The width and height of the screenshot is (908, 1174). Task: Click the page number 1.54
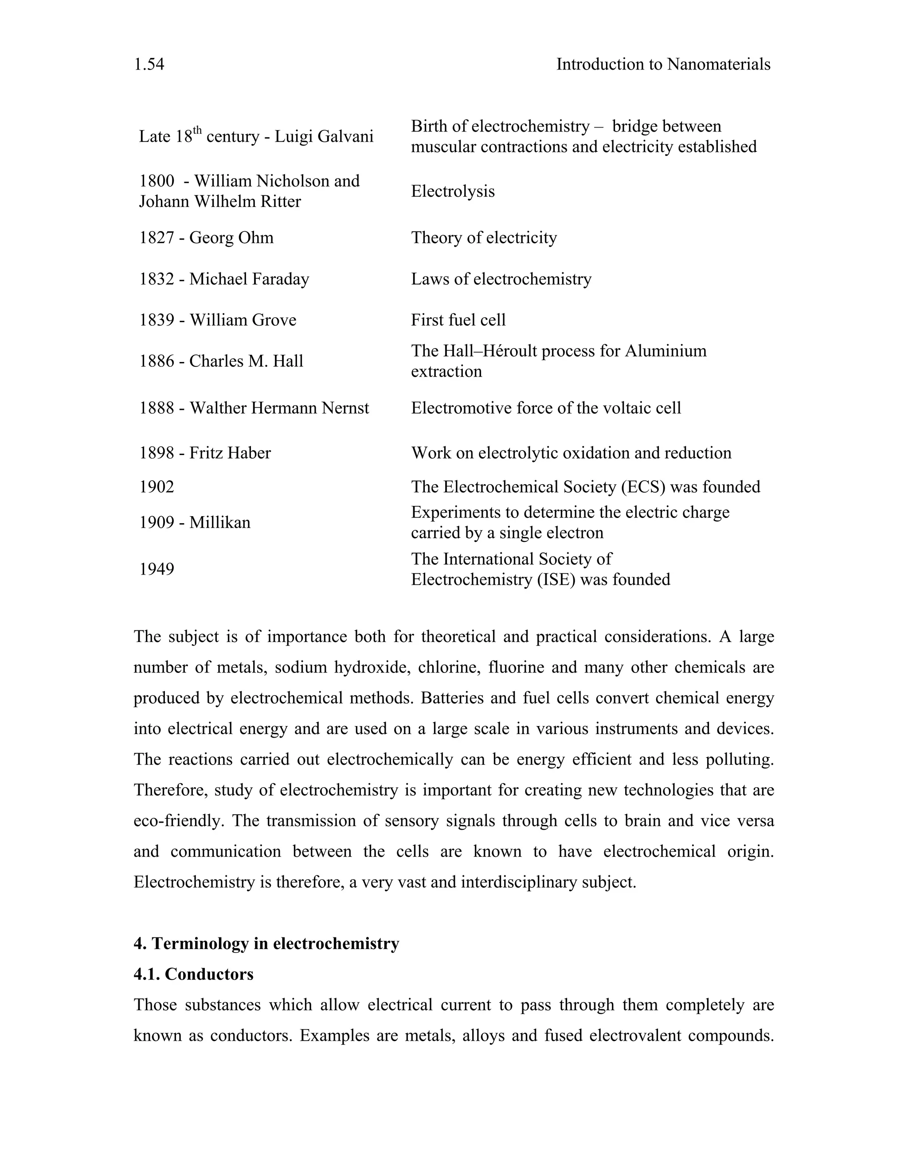(x=149, y=65)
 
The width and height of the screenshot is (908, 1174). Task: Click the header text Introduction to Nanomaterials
(x=663, y=65)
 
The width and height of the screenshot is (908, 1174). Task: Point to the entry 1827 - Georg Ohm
(x=206, y=237)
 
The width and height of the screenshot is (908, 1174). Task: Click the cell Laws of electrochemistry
(x=501, y=279)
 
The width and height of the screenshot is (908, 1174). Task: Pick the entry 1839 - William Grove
(x=217, y=320)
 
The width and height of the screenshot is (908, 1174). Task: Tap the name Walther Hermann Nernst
(x=279, y=408)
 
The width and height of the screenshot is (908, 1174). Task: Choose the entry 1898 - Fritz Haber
(x=204, y=453)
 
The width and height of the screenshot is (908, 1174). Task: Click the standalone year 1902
(x=157, y=487)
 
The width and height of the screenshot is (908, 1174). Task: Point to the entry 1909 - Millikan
(x=195, y=522)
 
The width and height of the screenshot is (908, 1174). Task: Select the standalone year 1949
(x=157, y=569)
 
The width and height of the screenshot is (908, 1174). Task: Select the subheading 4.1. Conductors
(x=193, y=975)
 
